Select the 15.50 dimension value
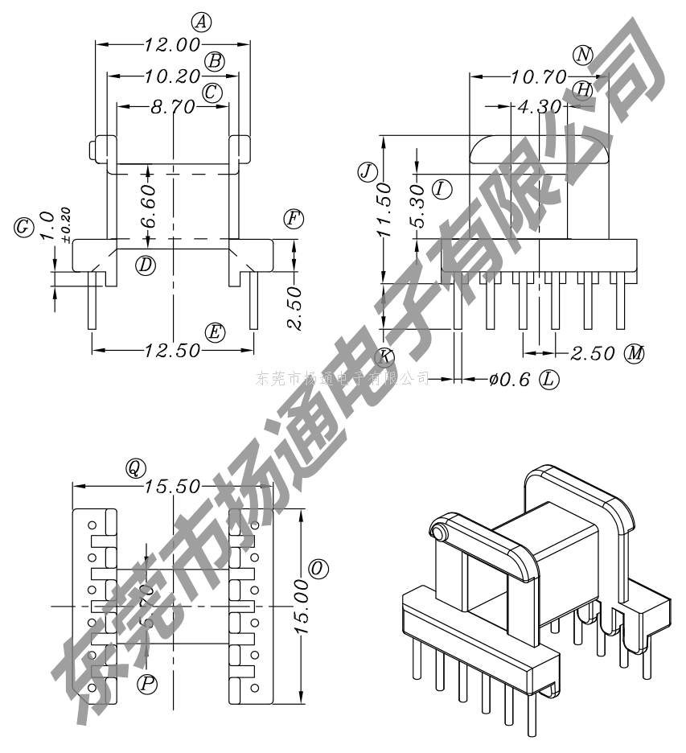pos(173,487)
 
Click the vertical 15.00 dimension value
pos(303,608)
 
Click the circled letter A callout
pos(202,23)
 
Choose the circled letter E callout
pos(214,332)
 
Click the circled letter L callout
pos(549,379)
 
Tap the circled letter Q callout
pos(134,467)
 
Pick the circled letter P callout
pos(147,685)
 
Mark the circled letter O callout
pos(318,569)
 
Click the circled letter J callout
pos(367,171)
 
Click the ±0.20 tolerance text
pos(65,224)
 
